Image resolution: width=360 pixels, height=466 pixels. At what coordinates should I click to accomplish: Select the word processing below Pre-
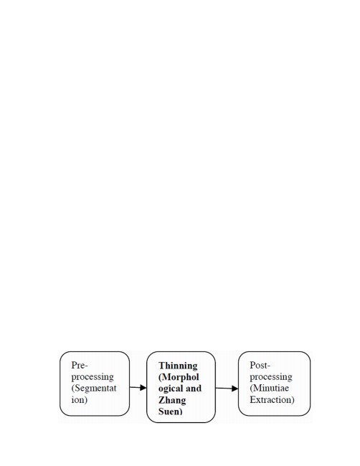coord(93,377)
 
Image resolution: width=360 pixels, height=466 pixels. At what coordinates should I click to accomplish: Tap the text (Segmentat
coord(94,388)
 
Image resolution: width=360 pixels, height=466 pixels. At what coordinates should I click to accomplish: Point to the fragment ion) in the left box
coord(80,400)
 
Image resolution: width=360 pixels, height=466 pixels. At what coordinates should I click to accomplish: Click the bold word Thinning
coord(178,366)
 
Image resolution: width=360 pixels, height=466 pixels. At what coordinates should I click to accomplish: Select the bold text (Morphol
coord(179,377)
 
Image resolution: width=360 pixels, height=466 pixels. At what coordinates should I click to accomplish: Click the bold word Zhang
coord(172,400)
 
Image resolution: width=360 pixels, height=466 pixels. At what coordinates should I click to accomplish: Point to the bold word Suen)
coord(171,412)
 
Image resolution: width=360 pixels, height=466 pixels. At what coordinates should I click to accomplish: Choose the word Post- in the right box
coord(260,365)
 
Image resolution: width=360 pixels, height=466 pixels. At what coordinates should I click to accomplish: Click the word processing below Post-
coord(271,377)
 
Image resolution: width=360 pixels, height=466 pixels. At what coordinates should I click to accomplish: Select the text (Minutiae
coord(270,388)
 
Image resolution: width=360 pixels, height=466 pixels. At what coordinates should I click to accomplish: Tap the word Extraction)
coord(272,400)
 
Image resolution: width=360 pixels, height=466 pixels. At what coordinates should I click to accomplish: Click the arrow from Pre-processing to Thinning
coord(138,387)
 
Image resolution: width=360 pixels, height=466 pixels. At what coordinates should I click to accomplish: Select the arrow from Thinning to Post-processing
coord(227,388)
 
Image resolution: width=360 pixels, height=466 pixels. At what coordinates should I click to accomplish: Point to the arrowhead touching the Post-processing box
coord(235,389)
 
